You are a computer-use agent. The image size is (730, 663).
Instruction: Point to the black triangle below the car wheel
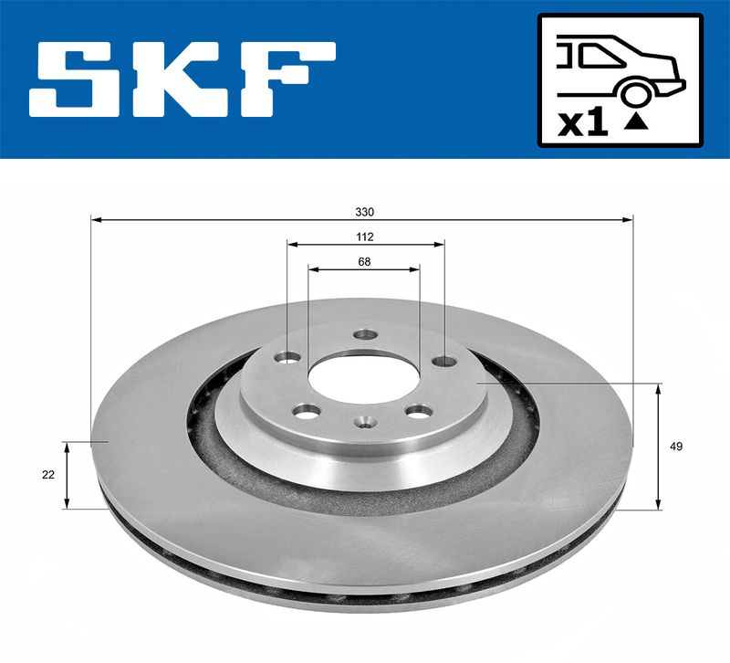pyautogui.click(x=637, y=121)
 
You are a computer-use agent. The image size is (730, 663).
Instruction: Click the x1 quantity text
pyautogui.click(x=583, y=123)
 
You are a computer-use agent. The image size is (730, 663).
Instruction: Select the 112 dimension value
pyautogui.click(x=366, y=237)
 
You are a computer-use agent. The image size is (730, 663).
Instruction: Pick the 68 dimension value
pyautogui.click(x=364, y=262)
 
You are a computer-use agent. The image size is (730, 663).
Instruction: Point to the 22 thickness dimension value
pyautogui.click(x=48, y=475)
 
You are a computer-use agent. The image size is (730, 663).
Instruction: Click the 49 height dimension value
pyautogui.click(x=675, y=447)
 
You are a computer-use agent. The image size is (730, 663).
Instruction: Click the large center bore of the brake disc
pyautogui.click(x=363, y=378)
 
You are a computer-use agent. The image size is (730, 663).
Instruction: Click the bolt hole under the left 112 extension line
pyautogui.click(x=289, y=358)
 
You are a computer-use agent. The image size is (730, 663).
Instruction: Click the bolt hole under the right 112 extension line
pyautogui.click(x=444, y=361)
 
